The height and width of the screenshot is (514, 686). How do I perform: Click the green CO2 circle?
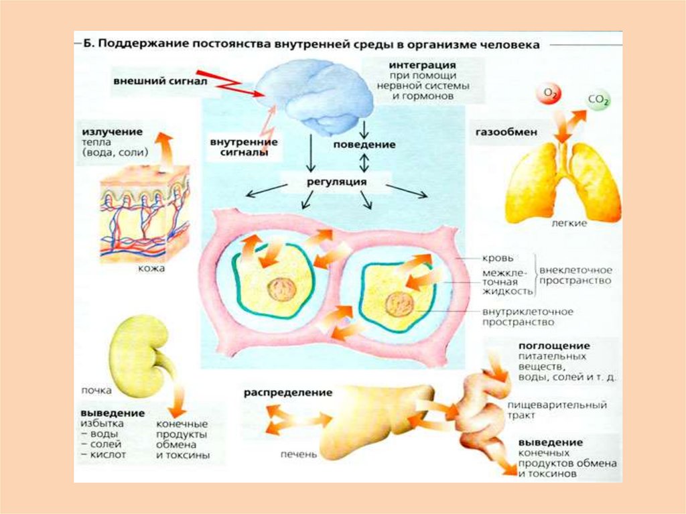(x=598, y=102)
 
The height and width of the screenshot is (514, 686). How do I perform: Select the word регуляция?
(x=327, y=182)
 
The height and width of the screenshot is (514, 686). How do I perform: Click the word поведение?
(x=364, y=144)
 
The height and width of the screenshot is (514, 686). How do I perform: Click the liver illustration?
(x=375, y=419)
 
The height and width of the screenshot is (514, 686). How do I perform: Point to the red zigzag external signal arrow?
(x=231, y=84)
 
